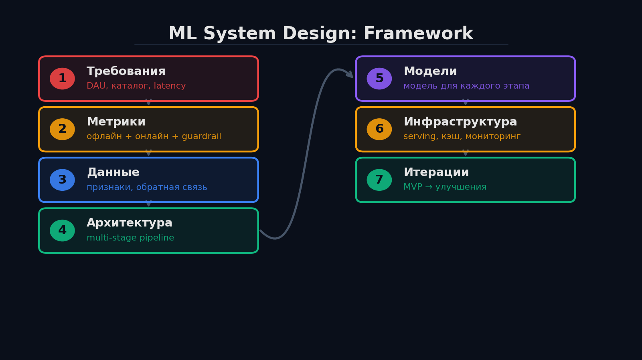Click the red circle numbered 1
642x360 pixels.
[62, 79]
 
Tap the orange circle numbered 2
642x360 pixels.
[62, 129]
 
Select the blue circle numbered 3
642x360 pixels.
[62, 180]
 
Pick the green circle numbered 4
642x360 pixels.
[62, 231]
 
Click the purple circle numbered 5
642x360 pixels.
[379, 79]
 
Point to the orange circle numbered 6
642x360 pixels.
[379, 129]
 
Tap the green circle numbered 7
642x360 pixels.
[379, 180]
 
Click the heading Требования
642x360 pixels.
[126, 72]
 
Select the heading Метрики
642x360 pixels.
[116, 122]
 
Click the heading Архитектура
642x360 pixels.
[129, 223]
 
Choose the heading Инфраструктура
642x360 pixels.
[460, 122]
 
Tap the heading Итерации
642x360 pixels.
[436, 173]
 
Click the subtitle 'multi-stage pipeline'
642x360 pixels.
[130, 238]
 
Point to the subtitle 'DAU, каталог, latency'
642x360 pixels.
[136, 86]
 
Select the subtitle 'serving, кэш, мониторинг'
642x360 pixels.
[462, 137]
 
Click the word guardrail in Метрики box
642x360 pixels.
[201, 137]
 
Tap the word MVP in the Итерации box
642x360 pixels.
[413, 187]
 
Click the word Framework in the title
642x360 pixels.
[418, 34]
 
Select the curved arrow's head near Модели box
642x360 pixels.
[350, 75]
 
